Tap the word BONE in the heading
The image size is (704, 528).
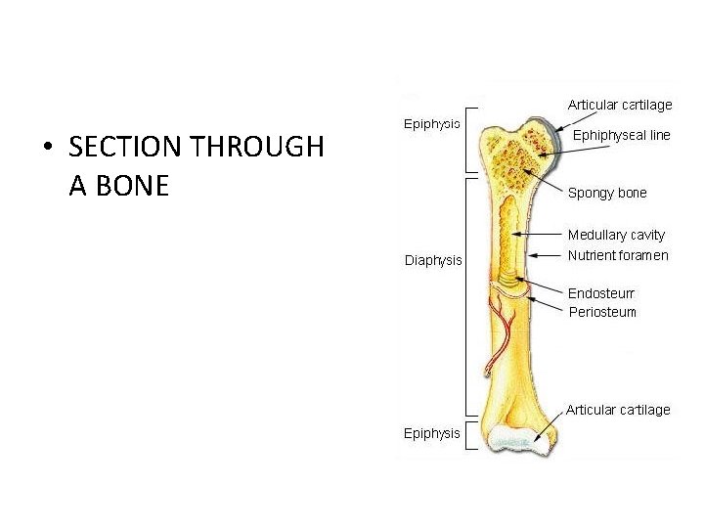[x=135, y=185]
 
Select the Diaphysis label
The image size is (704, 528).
[x=433, y=259]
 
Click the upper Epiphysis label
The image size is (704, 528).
[x=432, y=124]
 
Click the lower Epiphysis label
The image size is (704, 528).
[x=432, y=433]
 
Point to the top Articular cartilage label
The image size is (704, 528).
[x=620, y=105]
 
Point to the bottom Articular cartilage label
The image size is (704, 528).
[x=618, y=410]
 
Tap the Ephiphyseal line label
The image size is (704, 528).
[x=621, y=136]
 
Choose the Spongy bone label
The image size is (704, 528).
[x=607, y=193]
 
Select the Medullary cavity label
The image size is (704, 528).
[x=616, y=235]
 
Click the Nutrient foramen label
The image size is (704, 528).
[x=618, y=255]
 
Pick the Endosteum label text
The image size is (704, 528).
[x=601, y=292]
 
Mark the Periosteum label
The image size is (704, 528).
[x=602, y=312]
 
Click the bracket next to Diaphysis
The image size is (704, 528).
[x=468, y=293]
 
